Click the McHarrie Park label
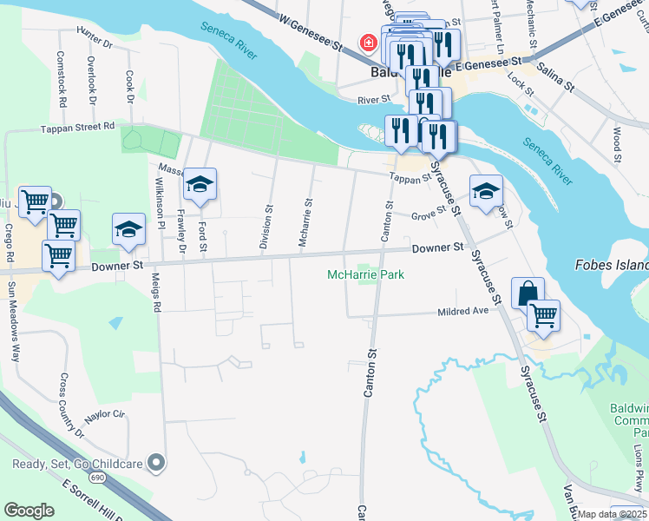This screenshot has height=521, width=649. [x=365, y=275]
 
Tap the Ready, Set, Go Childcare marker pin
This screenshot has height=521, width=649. [x=156, y=462]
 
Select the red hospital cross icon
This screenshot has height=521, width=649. [x=369, y=43]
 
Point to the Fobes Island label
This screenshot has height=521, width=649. [x=612, y=265]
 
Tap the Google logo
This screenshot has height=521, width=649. [x=29, y=511]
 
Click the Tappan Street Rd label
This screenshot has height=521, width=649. [x=78, y=126]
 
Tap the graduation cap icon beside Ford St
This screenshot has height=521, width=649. [x=200, y=184]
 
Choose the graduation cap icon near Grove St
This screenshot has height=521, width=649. [x=486, y=191]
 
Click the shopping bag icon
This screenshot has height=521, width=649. [x=527, y=293]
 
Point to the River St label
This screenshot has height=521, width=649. [x=376, y=101]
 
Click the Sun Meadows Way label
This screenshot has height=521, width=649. [x=14, y=320]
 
